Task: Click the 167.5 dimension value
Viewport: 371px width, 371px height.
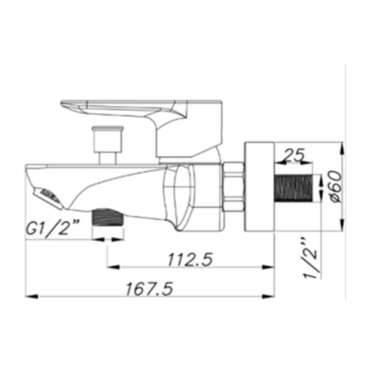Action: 149,289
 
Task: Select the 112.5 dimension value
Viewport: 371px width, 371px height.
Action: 190,260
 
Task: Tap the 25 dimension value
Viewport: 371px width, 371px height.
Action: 294,155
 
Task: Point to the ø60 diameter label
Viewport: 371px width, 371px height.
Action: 336,187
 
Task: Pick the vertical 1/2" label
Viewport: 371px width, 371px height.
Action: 310,257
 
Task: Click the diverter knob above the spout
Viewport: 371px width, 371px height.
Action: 108,139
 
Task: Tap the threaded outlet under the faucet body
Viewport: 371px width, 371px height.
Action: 108,217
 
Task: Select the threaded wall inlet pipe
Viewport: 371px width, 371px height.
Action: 293,188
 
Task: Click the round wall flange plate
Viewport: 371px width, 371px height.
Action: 259,187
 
